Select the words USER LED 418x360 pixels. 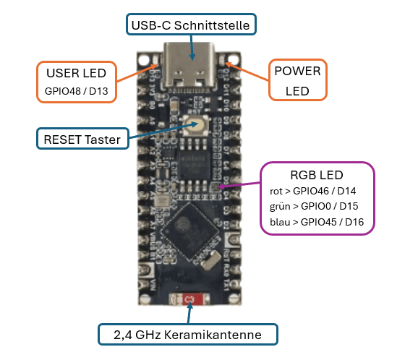click(76, 73)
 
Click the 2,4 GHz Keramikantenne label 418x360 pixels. click(189, 334)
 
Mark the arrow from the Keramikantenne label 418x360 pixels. click(189, 314)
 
